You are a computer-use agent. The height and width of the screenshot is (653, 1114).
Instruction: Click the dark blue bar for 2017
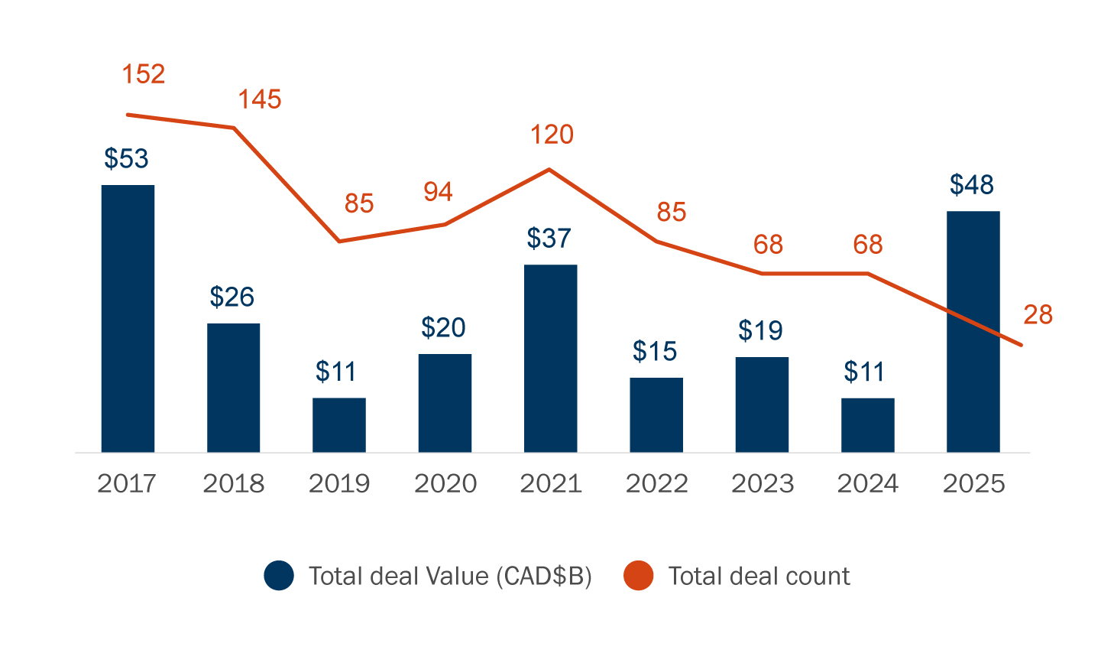click(x=128, y=318)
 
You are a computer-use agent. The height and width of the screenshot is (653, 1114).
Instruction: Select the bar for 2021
click(x=550, y=358)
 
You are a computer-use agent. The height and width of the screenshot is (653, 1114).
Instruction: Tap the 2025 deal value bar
click(x=973, y=331)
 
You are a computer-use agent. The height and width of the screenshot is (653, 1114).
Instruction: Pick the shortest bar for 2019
click(x=338, y=424)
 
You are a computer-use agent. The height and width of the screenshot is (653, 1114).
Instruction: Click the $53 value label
click(x=126, y=158)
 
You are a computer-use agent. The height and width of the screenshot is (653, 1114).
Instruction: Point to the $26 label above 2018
click(x=232, y=297)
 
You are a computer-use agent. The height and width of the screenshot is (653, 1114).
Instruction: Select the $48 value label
click(x=971, y=184)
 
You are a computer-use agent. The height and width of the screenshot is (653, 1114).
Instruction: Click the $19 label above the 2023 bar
click(x=760, y=330)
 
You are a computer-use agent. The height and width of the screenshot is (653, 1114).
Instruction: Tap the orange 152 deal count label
click(x=144, y=74)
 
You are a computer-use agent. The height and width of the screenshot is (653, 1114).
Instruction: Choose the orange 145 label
click(x=259, y=99)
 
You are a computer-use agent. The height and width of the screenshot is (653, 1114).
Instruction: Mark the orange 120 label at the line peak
click(x=552, y=135)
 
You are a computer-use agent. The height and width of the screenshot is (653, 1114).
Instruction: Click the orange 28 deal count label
click(x=1038, y=314)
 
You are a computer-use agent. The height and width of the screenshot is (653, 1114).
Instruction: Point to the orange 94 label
click(x=438, y=191)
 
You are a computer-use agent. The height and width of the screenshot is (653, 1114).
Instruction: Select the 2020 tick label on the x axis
click(x=445, y=483)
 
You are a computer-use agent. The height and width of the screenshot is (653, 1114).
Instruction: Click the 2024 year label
click(x=868, y=483)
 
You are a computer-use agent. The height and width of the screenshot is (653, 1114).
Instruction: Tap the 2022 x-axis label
click(x=656, y=483)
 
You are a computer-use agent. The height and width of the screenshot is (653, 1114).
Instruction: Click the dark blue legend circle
click(x=279, y=576)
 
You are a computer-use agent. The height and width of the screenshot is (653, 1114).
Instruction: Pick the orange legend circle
click(x=638, y=576)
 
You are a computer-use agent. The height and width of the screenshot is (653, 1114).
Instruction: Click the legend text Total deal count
click(x=759, y=576)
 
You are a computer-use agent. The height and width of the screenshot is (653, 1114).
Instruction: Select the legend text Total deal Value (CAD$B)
click(x=450, y=576)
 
